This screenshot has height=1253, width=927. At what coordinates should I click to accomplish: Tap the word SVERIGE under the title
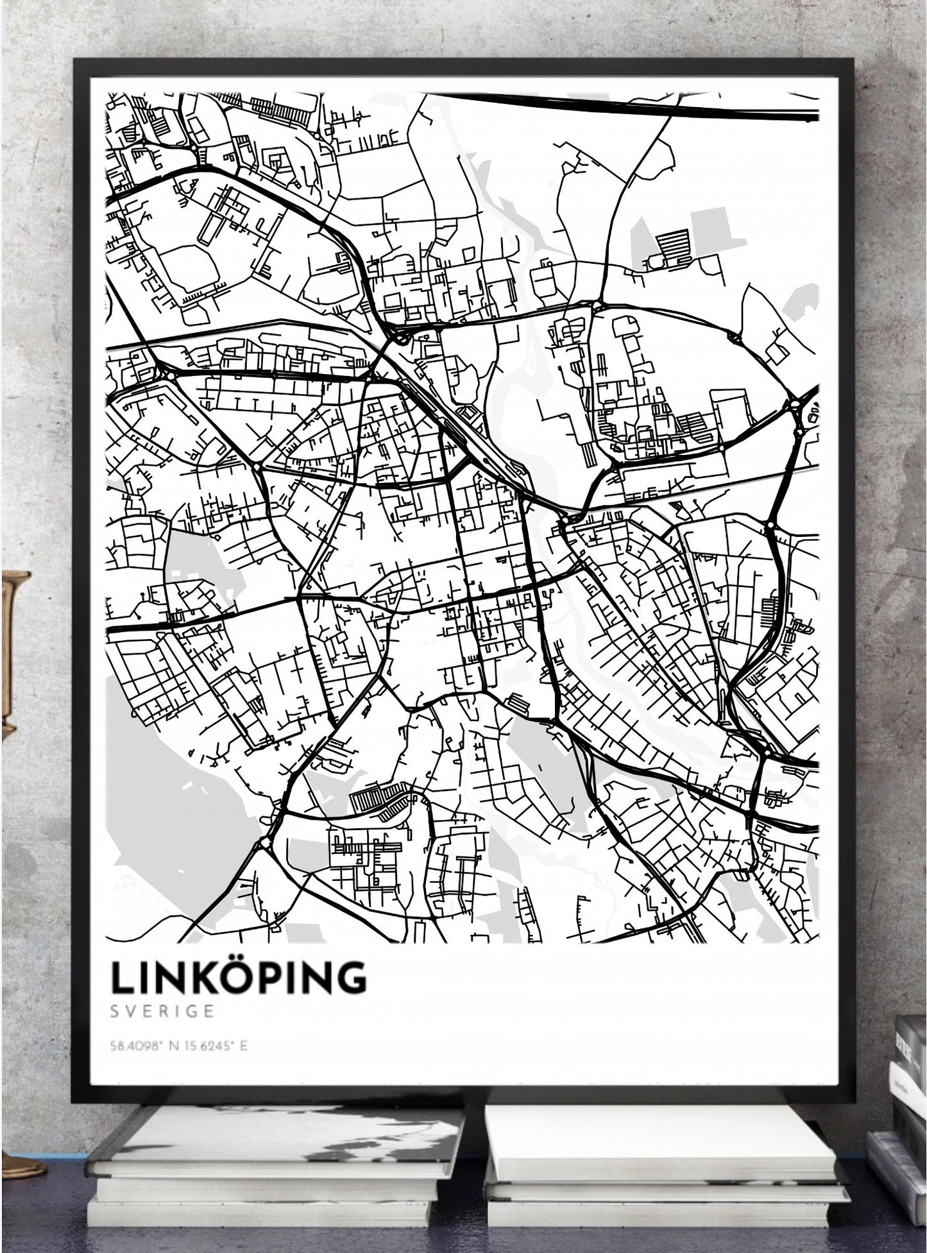coord(162,1011)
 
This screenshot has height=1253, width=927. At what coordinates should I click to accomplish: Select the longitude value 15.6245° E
coord(218,1046)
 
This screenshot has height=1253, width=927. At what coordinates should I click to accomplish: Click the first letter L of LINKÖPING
coord(122,977)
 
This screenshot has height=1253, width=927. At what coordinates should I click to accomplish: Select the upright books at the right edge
coord(908,1091)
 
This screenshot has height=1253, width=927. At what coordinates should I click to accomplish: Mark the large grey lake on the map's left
coord(160,815)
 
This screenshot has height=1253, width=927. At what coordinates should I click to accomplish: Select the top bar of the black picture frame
coord(462,67)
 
